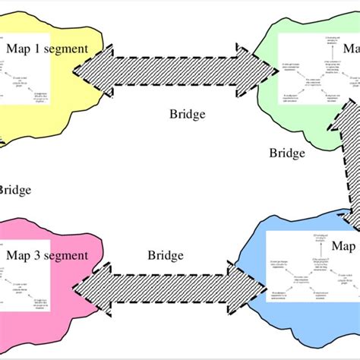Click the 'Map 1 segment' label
(47, 49)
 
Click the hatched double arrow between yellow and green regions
(175, 70)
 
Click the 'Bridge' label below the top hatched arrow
(187, 115)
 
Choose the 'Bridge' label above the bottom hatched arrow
(166, 255)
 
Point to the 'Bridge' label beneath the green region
(287, 153)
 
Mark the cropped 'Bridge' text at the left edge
(14, 190)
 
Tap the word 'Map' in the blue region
(343, 247)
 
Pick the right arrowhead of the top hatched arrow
(262, 70)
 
